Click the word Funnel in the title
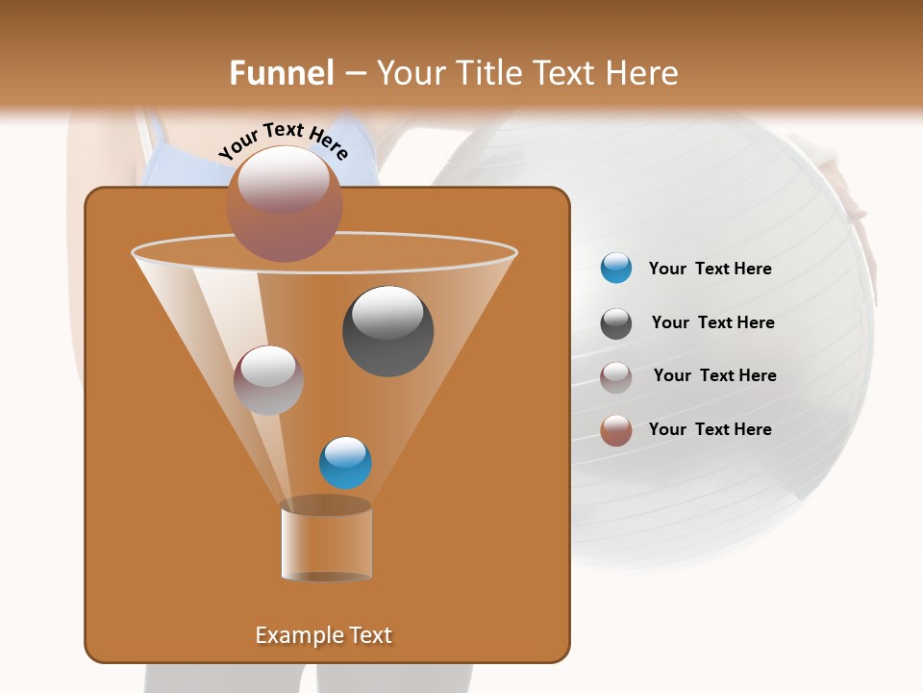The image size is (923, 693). (x=282, y=73)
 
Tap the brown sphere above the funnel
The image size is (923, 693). (x=284, y=204)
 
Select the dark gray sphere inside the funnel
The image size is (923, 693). (x=387, y=331)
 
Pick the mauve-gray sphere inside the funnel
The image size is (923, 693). (x=268, y=380)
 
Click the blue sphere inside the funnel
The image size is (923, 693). (x=345, y=463)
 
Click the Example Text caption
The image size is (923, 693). (x=323, y=635)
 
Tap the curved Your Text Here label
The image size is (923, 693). (x=283, y=141)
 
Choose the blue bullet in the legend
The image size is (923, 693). (x=616, y=269)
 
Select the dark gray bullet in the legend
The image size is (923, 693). (x=616, y=323)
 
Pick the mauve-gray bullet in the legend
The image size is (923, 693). (x=616, y=376)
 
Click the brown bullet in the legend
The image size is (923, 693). (x=616, y=430)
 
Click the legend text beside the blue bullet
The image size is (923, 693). (x=710, y=269)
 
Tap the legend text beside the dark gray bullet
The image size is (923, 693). (x=712, y=323)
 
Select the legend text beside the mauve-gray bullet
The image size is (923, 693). (x=714, y=376)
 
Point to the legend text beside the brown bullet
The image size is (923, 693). (x=710, y=429)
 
